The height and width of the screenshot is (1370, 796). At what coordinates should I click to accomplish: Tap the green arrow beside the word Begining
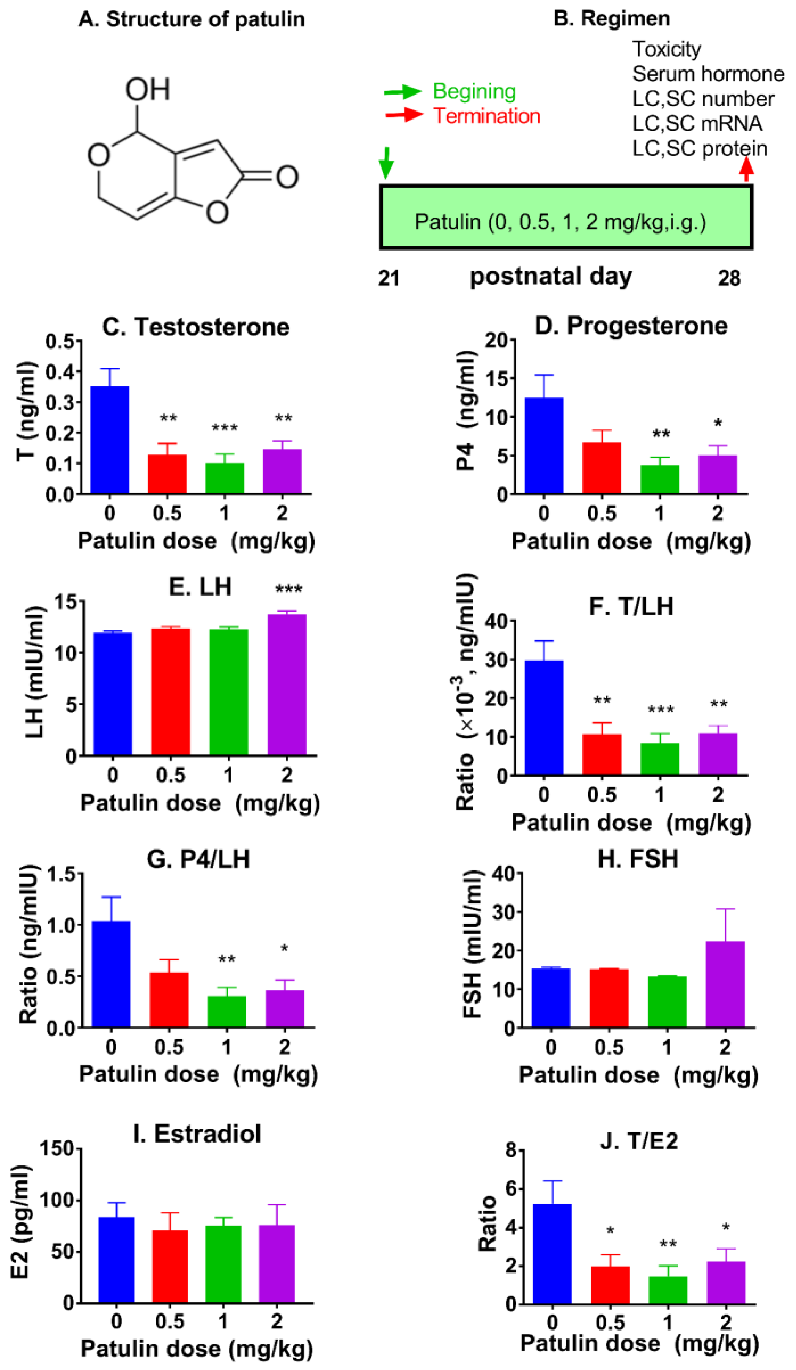point(402,92)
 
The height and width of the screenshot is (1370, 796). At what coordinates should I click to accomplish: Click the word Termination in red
point(486,116)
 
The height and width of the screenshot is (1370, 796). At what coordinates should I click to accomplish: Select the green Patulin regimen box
point(566,218)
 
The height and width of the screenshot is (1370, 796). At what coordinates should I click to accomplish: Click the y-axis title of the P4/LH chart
point(28,943)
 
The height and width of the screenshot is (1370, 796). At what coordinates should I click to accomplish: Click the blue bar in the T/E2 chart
point(552,1254)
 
